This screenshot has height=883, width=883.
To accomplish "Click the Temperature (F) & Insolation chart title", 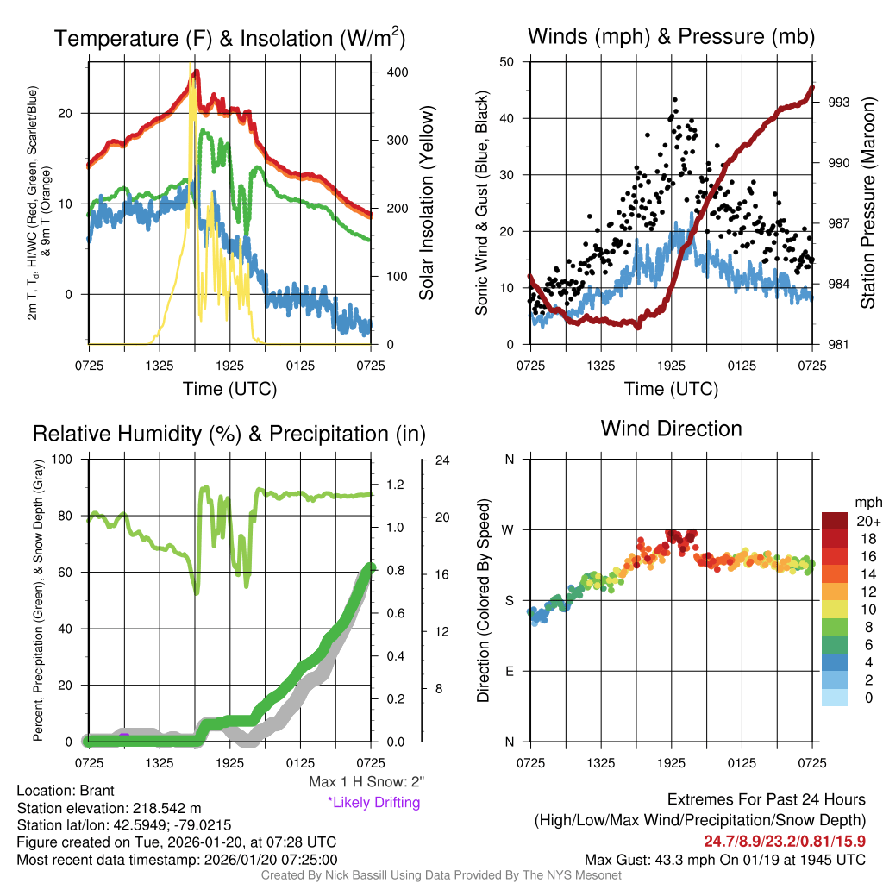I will pyautogui.click(x=229, y=38).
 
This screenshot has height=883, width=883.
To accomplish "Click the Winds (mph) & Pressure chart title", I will pyautogui.click(x=671, y=36).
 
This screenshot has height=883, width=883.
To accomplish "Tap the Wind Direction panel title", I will pyautogui.click(x=671, y=429).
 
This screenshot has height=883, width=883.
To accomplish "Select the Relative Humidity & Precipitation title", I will pyautogui.click(x=229, y=434).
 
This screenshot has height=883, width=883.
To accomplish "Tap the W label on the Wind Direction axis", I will pyautogui.click(x=509, y=529).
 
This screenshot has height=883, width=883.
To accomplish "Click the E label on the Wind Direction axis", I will pyautogui.click(x=509, y=671).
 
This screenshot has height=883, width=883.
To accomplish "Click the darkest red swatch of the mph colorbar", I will pyautogui.click(x=836, y=521).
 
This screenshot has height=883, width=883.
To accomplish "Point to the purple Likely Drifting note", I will pyautogui.click(x=373, y=802).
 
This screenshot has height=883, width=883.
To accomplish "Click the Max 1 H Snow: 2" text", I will pyautogui.click(x=366, y=782).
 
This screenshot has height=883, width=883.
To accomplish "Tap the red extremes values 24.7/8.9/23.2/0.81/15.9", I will pyautogui.click(x=785, y=841).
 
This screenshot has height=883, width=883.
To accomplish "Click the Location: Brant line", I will pyautogui.click(x=66, y=791).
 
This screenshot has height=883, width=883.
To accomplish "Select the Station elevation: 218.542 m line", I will pyautogui.click(x=109, y=808).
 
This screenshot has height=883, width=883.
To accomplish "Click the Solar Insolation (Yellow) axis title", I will pyautogui.click(x=426, y=204).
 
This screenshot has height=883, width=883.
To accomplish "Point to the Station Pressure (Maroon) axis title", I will pyautogui.click(x=867, y=204).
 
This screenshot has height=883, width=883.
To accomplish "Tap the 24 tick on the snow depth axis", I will pyautogui.click(x=442, y=460).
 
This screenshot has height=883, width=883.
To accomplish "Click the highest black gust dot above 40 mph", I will pyautogui.click(x=674, y=100).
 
